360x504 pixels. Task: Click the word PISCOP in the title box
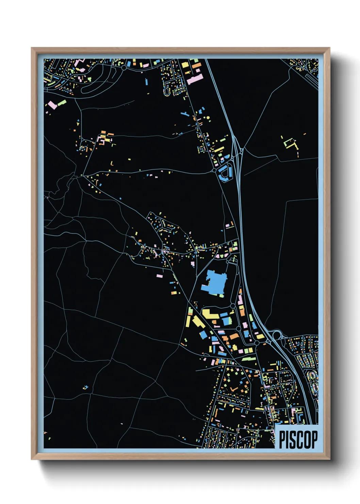tap(298, 440)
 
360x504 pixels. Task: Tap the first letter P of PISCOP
tap(282, 440)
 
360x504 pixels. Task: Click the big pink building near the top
tap(195, 80)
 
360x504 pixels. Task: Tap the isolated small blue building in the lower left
tap(85, 387)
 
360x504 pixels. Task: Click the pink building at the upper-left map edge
tap(52, 105)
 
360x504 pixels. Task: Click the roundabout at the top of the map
tap(124, 68)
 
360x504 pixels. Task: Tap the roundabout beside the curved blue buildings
tap(214, 170)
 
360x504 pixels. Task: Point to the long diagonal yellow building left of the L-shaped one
tap(198, 321)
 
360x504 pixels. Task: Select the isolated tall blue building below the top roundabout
tap(146, 82)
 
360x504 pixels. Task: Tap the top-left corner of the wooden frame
tap(32, 48)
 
